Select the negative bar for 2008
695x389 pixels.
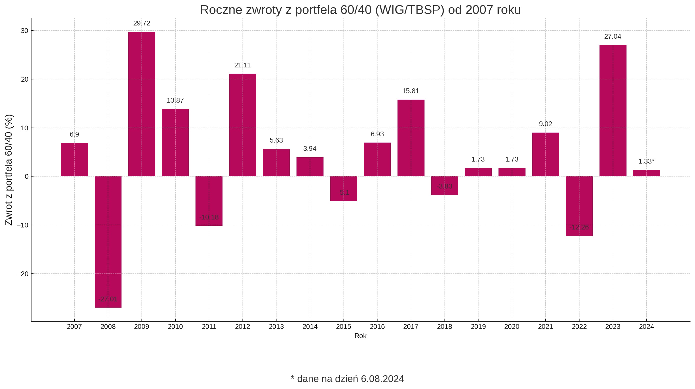click(108, 242)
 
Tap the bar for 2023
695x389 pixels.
click(613, 110)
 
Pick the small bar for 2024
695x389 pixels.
click(646, 173)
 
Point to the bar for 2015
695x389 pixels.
click(343, 189)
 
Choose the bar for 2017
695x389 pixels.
click(411, 138)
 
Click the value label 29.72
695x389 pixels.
click(142, 23)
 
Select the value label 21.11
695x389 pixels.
click(242, 65)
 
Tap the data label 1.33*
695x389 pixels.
click(646, 161)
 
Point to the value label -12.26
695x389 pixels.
click(579, 227)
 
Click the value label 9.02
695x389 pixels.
click(545, 124)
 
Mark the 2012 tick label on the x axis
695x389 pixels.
click(242, 327)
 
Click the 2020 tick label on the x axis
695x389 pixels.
click(512, 327)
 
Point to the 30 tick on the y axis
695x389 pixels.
click(24, 31)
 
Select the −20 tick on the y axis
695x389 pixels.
click(23, 274)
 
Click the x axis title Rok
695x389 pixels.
click(360, 336)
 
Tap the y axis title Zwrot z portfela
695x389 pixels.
click(9, 170)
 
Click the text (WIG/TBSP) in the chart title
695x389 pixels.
click(409, 10)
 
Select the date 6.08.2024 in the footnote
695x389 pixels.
click(382, 379)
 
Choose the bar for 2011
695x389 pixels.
click(209, 201)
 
